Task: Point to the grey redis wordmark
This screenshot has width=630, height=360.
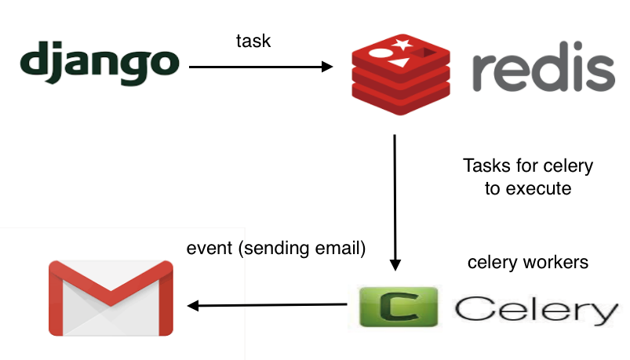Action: pos(542,73)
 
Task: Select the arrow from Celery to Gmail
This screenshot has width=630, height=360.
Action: pos(267,306)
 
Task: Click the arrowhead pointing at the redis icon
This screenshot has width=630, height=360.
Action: pos(328,67)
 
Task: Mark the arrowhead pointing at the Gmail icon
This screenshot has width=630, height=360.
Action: pos(192,306)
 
